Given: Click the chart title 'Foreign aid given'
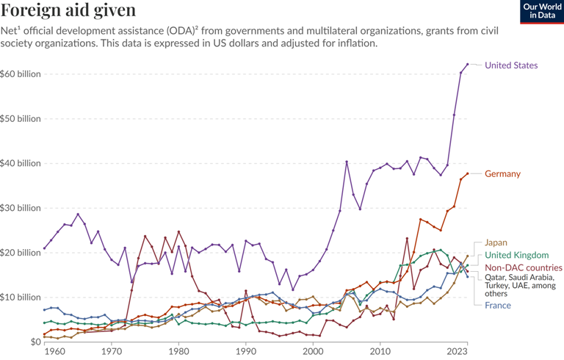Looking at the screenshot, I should [69, 10].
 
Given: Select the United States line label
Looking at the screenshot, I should [511, 65].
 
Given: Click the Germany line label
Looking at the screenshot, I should [502, 174].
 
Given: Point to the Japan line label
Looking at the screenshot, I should [496, 242].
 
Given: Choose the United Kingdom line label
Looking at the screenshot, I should [516, 255].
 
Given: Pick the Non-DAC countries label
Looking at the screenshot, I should [523, 268].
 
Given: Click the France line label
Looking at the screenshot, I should [497, 305].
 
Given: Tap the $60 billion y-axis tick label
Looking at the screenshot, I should [21, 75].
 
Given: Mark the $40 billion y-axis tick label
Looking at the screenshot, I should [21, 163].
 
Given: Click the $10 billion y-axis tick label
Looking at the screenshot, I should [21, 297].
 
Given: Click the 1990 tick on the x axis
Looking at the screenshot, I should [245, 352].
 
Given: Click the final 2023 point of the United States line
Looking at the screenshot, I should [467, 65].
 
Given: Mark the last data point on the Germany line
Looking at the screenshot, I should [467, 174].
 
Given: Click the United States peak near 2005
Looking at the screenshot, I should [347, 162].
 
